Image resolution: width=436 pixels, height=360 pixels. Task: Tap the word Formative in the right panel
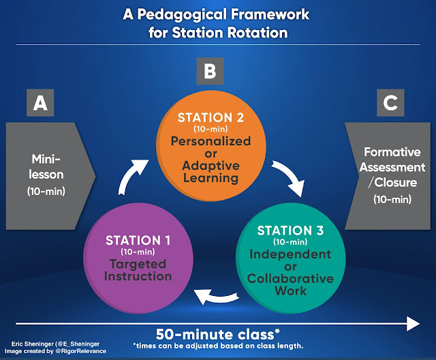click(x=394, y=153)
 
